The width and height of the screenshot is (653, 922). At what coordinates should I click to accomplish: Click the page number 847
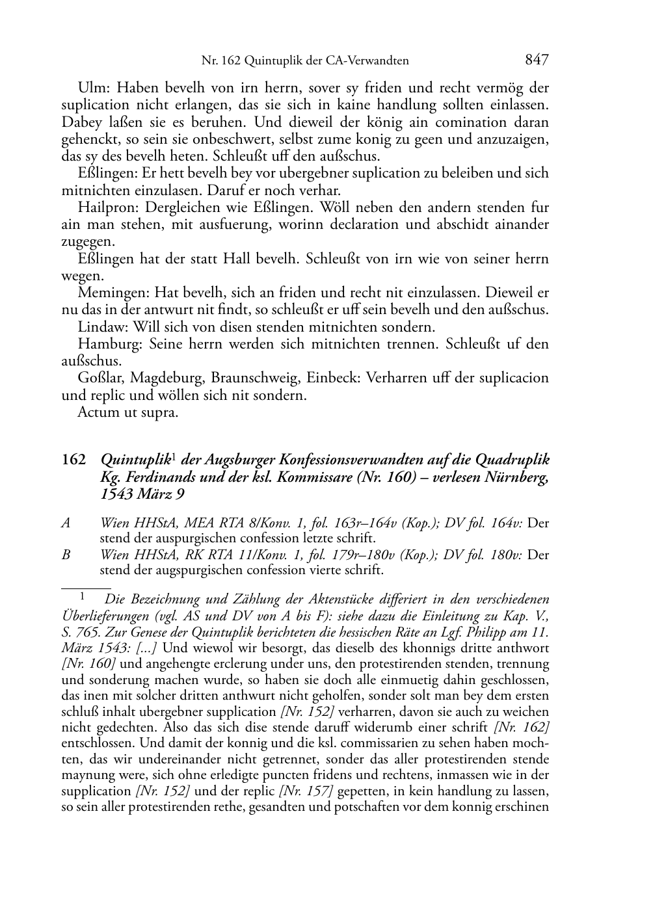click(x=537, y=60)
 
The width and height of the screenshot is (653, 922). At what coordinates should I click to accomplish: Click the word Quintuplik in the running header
click(x=273, y=61)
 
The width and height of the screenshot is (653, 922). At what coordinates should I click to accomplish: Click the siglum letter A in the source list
click(x=66, y=523)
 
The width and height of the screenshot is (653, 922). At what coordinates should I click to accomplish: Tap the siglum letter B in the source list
click(x=66, y=555)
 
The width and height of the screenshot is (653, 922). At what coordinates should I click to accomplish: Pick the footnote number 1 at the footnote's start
click(x=83, y=596)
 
